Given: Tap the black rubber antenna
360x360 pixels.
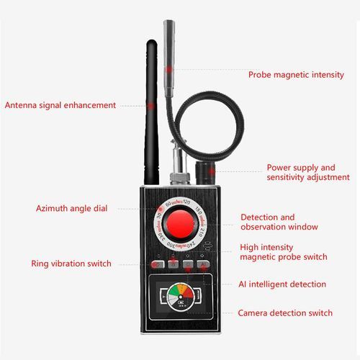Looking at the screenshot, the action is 151,112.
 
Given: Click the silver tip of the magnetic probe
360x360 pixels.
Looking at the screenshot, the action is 169,58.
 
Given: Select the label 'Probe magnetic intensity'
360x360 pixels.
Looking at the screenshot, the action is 296,75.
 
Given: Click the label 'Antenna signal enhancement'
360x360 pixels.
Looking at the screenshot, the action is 60,105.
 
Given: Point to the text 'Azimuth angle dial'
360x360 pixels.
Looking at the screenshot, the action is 71,208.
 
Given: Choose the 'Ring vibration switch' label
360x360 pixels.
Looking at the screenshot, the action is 71,264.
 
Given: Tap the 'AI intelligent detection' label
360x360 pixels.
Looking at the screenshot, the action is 282,284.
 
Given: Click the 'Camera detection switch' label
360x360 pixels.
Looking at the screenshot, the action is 285,313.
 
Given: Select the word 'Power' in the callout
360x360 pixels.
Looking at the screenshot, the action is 279,168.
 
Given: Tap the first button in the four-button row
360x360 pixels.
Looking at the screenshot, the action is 158,264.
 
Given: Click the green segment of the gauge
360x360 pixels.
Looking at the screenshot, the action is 173,290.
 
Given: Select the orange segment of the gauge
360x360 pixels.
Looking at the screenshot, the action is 184,287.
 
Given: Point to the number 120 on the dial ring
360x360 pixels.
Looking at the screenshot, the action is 186,202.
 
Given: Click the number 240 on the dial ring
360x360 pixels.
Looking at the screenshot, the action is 191,245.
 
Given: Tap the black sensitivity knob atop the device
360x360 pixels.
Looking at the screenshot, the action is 204,173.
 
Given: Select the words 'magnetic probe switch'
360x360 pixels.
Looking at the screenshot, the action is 284,257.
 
